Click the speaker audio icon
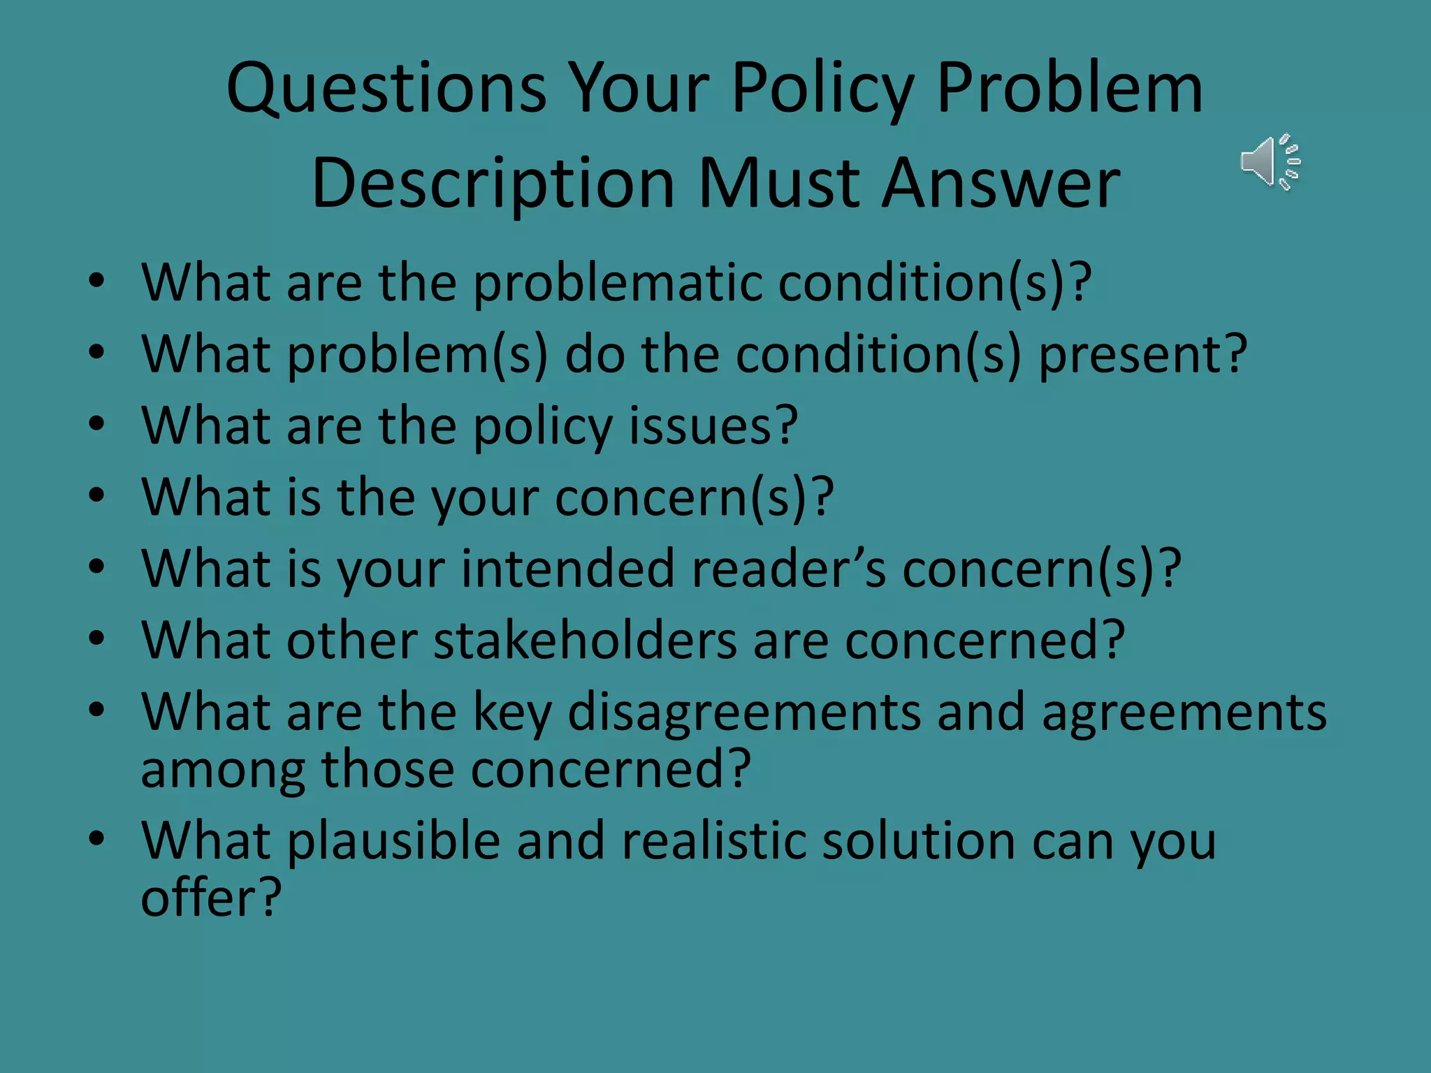click(1270, 161)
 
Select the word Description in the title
click(493, 183)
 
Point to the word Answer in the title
click(1001, 183)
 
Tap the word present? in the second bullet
click(1142, 354)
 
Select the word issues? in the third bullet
click(713, 425)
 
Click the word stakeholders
click(585, 640)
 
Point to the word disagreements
click(744, 712)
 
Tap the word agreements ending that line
click(1184, 712)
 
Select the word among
click(223, 770)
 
